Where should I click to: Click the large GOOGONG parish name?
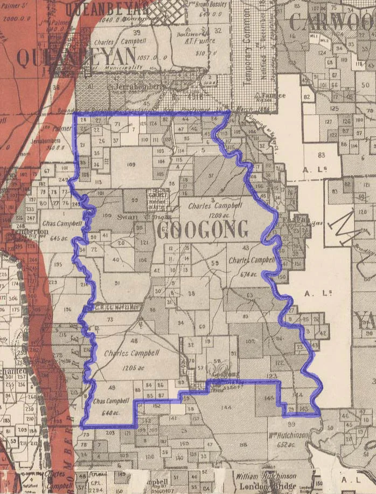click(x=203, y=229)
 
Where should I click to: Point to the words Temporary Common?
click(x=248, y=51)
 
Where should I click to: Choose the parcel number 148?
click(x=269, y=397)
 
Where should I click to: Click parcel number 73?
click(x=110, y=319)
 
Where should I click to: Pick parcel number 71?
click(x=117, y=125)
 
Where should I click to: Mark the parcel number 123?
click(x=271, y=376)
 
